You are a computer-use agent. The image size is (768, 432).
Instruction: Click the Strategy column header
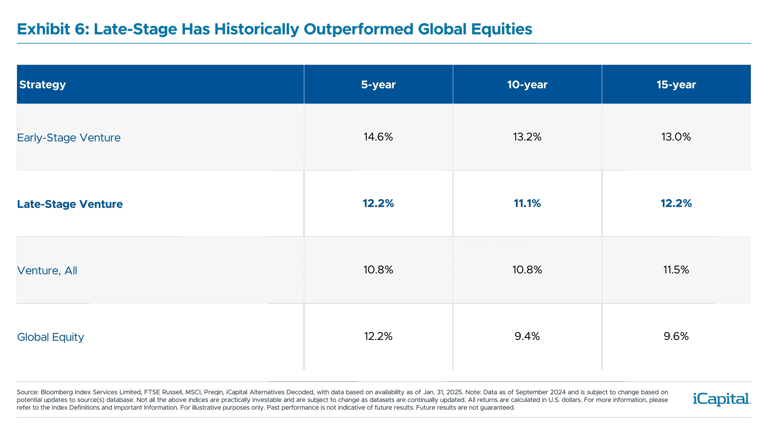(x=42, y=85)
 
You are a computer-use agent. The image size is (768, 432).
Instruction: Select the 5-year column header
(x=378, y=85)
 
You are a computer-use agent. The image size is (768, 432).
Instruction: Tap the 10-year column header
(x=527, y=85)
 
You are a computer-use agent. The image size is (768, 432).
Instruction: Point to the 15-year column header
(x=676, y=85)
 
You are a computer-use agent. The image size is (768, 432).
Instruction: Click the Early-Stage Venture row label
(x=69, y=138)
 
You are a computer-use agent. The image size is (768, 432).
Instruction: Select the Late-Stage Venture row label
(x=70, y=204)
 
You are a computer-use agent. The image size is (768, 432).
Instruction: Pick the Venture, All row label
(x=47, y=270)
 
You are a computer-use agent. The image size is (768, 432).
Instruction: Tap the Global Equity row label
(x=50, y=337)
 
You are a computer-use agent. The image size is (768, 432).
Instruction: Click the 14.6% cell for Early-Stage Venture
(x=378, y=137)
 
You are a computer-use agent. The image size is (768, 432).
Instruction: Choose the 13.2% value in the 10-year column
(x=527, y=137)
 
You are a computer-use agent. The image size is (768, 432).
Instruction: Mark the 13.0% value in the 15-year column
(x=676, y=137)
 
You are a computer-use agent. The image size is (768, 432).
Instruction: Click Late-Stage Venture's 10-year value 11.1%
(x=527, y=203)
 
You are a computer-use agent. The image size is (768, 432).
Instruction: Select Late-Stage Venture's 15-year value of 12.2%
(x=676, y=203)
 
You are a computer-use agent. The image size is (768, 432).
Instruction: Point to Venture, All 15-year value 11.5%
(x=676, y=270)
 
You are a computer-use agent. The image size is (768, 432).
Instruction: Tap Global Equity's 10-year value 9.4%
(x=527, y=336)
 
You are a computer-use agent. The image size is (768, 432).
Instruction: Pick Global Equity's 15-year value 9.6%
(x=676, y=336)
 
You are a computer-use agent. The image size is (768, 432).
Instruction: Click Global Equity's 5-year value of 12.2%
(x=378, y=336)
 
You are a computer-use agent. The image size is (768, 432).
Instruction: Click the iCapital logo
(x=720, y=399)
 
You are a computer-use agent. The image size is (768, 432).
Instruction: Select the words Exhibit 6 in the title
(x=53, y=29)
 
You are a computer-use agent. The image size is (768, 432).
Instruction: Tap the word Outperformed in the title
(x=358, y=29)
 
